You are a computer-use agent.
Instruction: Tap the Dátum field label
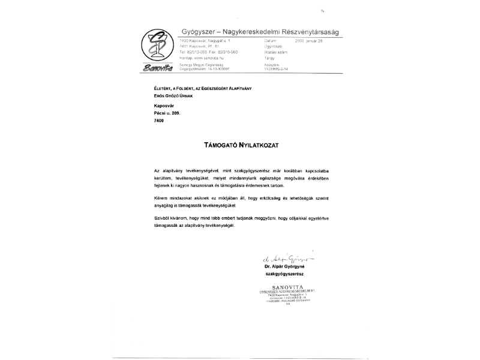pyautogui.click(x=270, y=40)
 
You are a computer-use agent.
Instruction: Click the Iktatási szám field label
pyautogui.click(x=276, y=52)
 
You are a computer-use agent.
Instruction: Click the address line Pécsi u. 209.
pyautogui.click(x=167, y=112)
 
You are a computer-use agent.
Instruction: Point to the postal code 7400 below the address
pyautogui.click(x=160, y=121)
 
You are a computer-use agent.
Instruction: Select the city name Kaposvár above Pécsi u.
pyautogui.click(x=164, y=104)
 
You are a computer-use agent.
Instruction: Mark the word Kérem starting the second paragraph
pyautogui.click(x=161, y=197)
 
